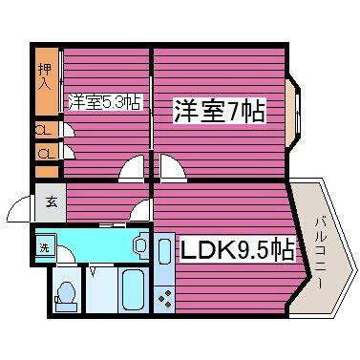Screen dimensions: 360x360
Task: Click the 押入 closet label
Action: [x=45, y=77]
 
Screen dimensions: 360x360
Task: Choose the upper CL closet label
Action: [x=45, y=130]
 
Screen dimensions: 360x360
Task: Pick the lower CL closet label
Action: [x=45, y=153]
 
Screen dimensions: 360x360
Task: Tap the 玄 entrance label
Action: [x=49, y=202]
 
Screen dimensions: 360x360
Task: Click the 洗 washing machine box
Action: [x=43, y=247]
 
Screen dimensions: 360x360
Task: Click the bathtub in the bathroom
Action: [x=131, y=288]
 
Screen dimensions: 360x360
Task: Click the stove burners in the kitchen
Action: [x=164, y=296]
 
